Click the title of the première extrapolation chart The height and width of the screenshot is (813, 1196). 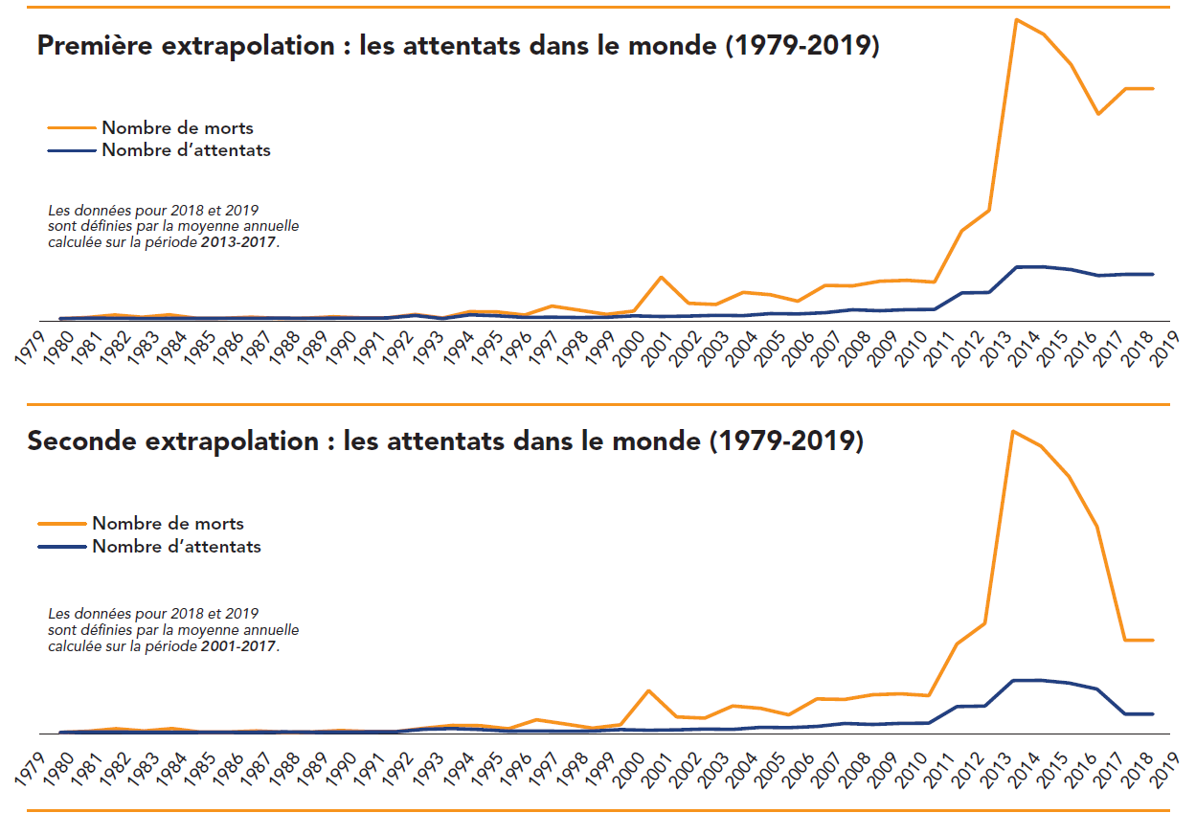pyautogui.click(x=458, y=45)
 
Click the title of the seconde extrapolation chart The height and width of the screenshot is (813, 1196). pyautogui.click(x=445, y=441)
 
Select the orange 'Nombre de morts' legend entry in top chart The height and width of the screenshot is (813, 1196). pyautogui.click(x=177, y=127)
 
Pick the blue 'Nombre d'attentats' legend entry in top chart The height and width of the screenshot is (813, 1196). pyautogui.click(x=186, y=150)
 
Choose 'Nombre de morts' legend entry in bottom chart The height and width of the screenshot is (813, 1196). pyautogui.click(x=168, y=524)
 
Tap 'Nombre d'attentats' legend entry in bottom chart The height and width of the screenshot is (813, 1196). pyautogui.click(x=176, y=547)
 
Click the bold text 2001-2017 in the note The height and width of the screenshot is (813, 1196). pyautogui.click(x=238, y=647)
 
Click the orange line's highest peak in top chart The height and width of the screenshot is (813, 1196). pyautogui.click(x=1016, y=19)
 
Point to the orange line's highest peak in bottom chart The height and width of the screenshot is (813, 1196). pyautogui.click(x=1014, y=431)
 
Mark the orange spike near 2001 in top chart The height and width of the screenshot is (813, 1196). pyautogui.click(x=661, y=278)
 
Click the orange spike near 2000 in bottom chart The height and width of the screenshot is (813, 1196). pyautogui.click(x=648, y=690)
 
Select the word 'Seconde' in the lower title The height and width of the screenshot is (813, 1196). pyautogui.click(x=73, y=441)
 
